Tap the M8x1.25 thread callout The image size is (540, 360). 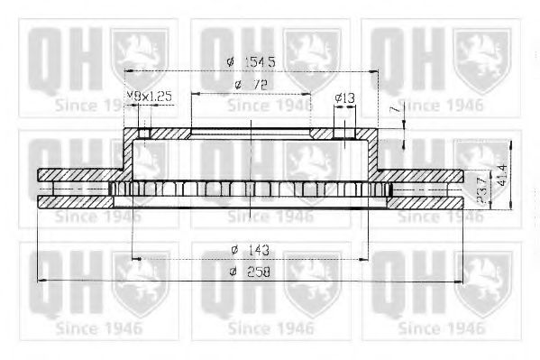(x=148, y=95)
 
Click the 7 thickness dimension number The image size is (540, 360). (x=394, y=108)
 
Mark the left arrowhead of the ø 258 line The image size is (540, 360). (x=40, y=282)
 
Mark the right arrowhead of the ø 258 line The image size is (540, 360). (x=461, y=282)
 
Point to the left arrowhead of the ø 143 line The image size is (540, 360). (x=135, y=259)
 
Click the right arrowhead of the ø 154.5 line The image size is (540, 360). (x=371, y=70)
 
